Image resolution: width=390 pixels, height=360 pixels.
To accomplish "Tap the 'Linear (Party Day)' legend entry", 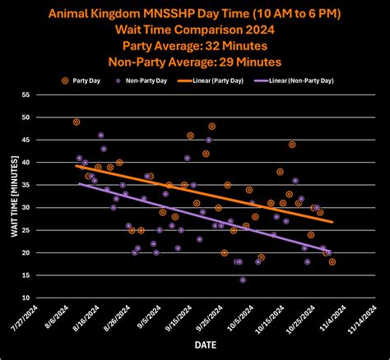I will pos(231,81).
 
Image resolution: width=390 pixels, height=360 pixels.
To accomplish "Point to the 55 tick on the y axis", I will pos(27,95).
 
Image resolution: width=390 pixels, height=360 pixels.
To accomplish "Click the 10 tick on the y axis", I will pos(27,298).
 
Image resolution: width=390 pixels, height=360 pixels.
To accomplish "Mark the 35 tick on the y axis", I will pos(27,185).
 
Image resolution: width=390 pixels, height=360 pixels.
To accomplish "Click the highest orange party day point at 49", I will pos(77,122).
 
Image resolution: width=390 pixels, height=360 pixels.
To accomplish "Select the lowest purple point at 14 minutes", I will pos(243,279).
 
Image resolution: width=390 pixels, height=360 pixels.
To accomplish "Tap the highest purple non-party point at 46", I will pos(101,135).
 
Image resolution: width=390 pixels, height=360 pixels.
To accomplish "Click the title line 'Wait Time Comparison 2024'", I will pos(195,26).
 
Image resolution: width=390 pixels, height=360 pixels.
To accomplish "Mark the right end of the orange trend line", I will pos(332,222).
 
